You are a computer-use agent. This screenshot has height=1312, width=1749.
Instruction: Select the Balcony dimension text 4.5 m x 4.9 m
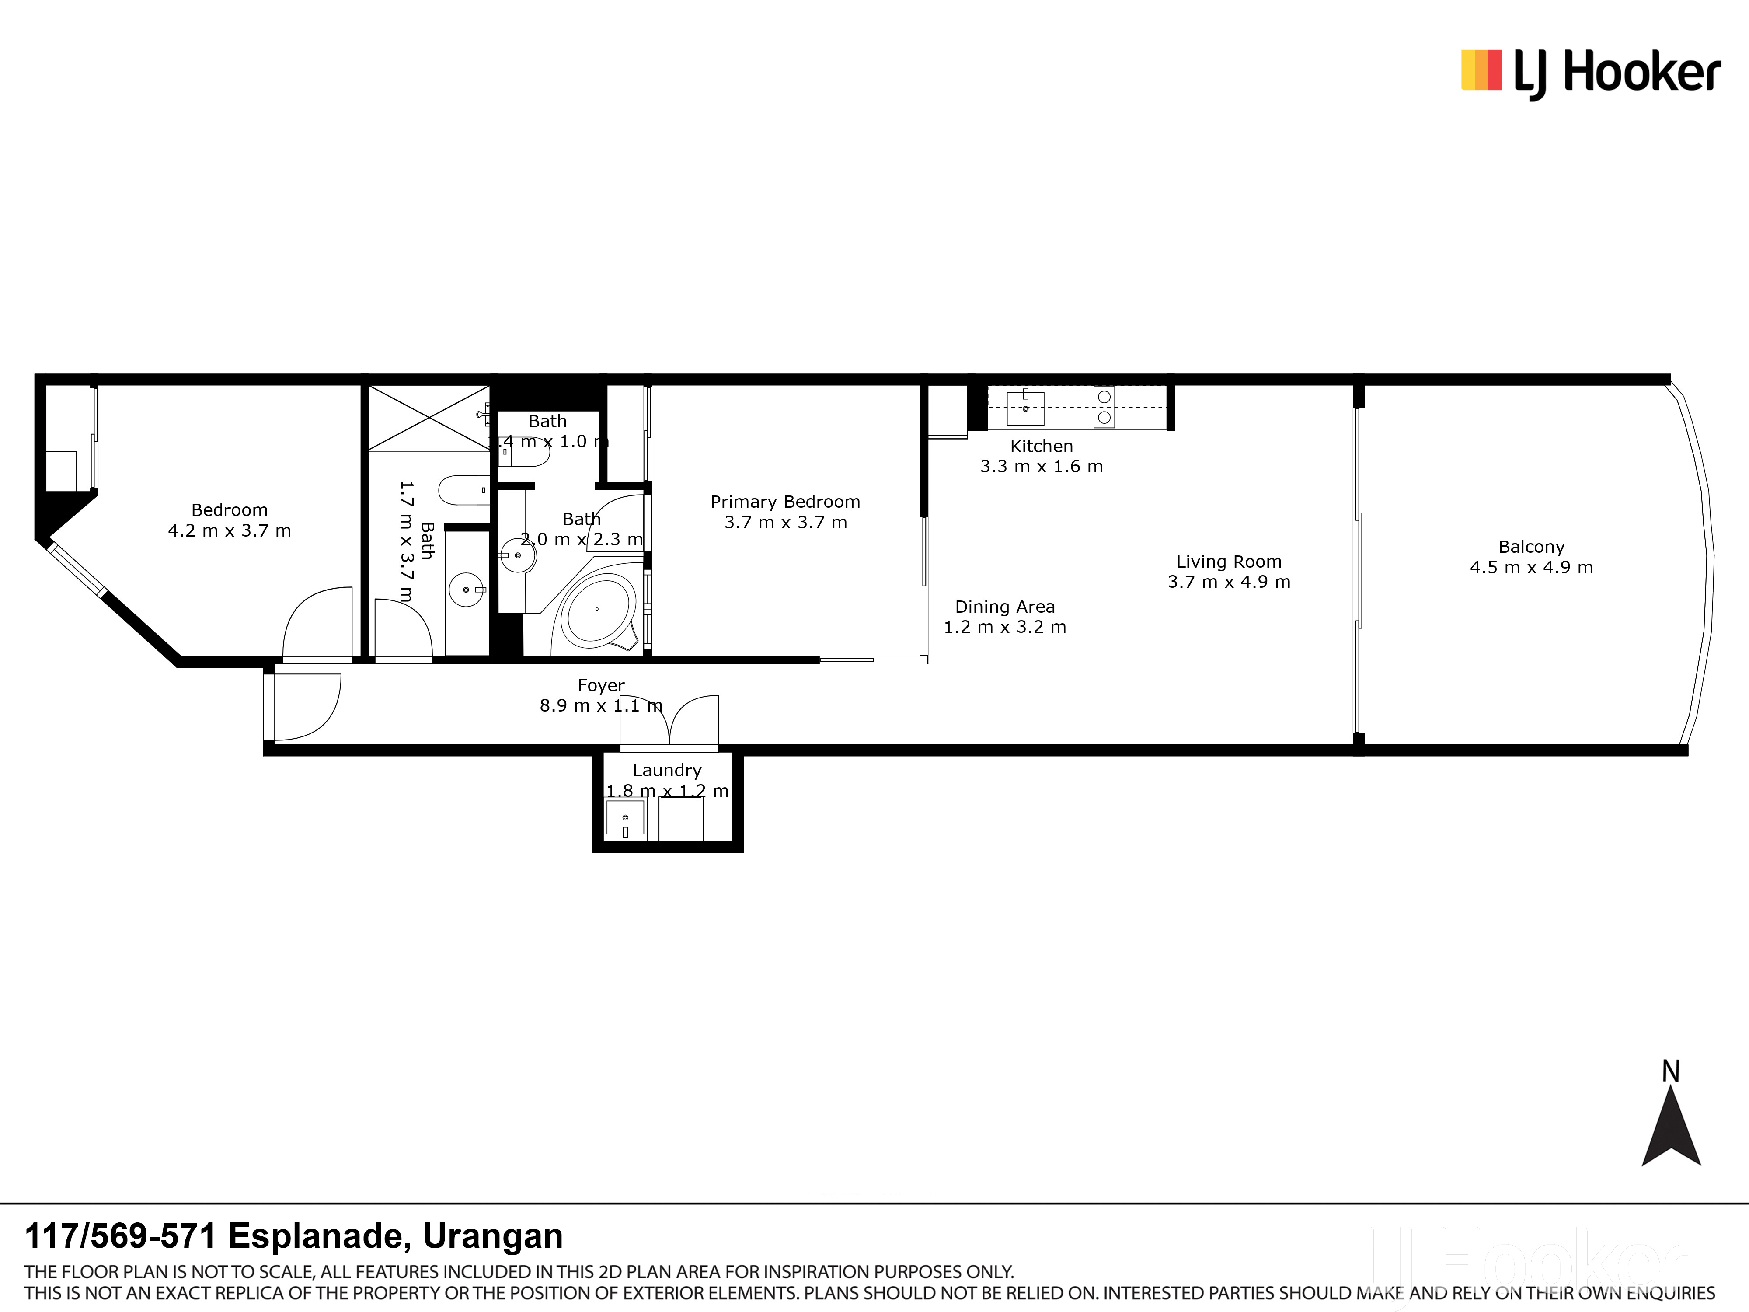(1532, 567)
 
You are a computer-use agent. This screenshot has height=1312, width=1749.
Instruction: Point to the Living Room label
(1229, 562)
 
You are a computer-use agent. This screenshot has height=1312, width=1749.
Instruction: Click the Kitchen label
(1042, 446)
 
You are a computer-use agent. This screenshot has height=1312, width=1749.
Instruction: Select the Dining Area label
(1005, 607)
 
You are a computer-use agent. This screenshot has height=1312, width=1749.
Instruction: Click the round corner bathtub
(597, 609)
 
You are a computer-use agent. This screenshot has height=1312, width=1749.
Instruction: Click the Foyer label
(601, 686)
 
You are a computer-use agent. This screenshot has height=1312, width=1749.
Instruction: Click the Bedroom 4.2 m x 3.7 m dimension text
(229, 530)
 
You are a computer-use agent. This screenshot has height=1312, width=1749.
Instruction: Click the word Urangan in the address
(493, 1235)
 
